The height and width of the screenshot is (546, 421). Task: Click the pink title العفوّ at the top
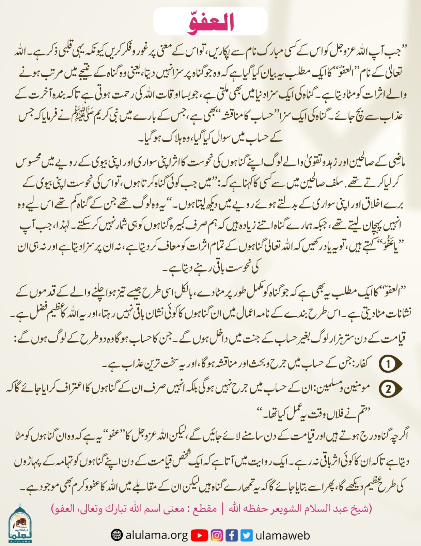(x=210, y=23)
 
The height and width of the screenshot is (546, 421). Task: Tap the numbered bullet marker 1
(x=388, y=364)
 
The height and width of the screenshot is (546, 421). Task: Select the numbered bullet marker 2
(x=388, y=389)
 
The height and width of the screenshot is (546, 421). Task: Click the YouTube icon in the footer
(x=199, y=535)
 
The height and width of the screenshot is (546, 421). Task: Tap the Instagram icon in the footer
(x=217, y=535)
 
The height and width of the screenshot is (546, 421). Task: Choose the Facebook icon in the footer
(x=232, y=535)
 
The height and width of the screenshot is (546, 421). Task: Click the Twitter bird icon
(x=247, y=535)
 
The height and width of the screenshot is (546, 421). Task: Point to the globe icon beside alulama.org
(x=116, y=535)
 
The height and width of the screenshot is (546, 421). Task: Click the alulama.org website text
(x=157, y=535)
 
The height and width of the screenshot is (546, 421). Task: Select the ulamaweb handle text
(x=283, y=535)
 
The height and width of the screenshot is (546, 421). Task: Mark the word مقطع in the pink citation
(x=205, y=509)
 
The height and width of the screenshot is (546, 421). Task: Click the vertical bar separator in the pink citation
(x=223, y=509)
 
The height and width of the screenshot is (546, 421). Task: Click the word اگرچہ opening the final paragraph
(x=399, y=436)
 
